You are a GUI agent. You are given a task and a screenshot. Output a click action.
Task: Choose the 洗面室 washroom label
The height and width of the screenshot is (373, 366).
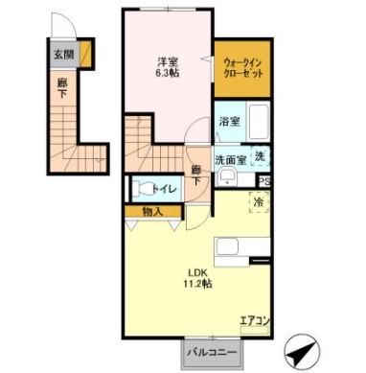[230, 160]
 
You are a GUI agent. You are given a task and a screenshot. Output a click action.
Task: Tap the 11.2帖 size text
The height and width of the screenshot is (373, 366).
[199, 284]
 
